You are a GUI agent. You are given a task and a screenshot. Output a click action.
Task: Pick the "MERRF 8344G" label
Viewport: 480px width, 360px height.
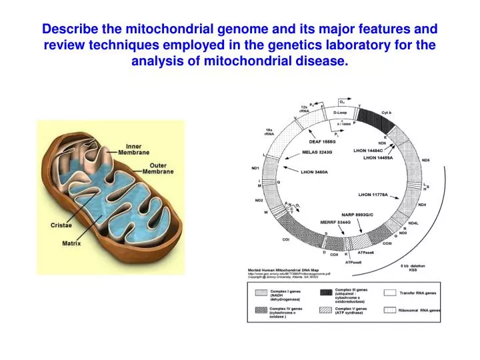(x=318, y=221)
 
